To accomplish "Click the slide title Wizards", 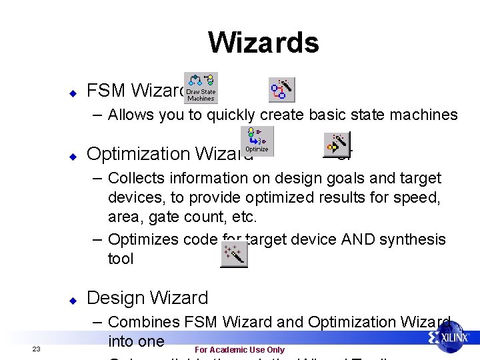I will tap(263, 42).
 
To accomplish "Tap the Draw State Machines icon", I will tap(200, 88).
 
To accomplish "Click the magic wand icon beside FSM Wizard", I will tap(281, 89).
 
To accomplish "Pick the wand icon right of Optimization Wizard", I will tap(337, 143).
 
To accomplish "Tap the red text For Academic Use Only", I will tap(239, 350).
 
